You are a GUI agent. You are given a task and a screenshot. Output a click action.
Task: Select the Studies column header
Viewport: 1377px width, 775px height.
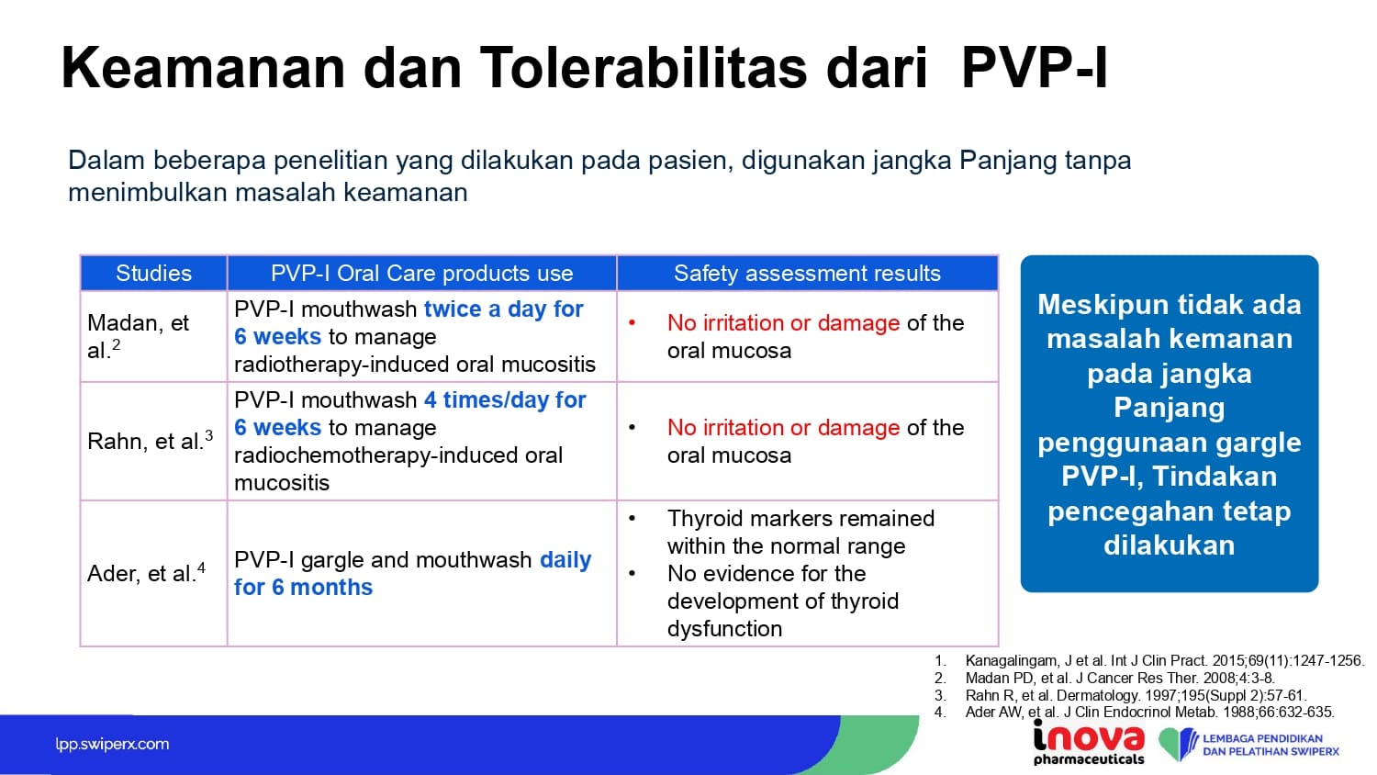(153, 273)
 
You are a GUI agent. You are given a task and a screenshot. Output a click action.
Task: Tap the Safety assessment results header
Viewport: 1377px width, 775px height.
(807, 273)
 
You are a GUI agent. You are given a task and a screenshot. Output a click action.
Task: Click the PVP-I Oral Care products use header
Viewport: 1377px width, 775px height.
(421, 273)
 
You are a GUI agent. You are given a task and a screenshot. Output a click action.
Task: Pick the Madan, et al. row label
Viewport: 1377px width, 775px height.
(139, 336)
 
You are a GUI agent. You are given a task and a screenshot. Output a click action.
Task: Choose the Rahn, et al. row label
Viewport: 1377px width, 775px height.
(150, 441)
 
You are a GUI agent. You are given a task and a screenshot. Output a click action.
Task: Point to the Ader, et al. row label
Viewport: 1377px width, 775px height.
(146, 573)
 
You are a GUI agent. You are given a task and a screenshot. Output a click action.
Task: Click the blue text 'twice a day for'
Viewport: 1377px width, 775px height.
(503, 309)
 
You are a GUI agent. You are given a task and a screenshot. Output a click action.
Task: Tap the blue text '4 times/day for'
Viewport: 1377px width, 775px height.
(505, 399)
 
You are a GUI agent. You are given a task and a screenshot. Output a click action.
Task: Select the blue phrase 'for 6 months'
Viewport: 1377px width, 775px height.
(303, 587)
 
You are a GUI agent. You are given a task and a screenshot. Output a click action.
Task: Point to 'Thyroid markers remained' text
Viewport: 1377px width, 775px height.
(800, 519)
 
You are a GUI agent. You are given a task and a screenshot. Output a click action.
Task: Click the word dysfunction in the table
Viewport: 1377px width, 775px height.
(725, 629)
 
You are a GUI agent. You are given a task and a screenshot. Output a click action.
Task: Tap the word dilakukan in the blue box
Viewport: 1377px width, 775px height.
(1170, 545)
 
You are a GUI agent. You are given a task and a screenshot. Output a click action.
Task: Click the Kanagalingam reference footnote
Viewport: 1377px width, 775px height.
(1148, 660)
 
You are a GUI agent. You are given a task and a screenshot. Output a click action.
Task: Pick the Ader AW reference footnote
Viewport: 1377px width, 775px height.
(1134, 713)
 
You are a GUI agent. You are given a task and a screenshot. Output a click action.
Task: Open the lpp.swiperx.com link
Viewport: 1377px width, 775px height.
(112, 745)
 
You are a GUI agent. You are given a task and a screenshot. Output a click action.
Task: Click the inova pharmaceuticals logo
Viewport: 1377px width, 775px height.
(1089, 742)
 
